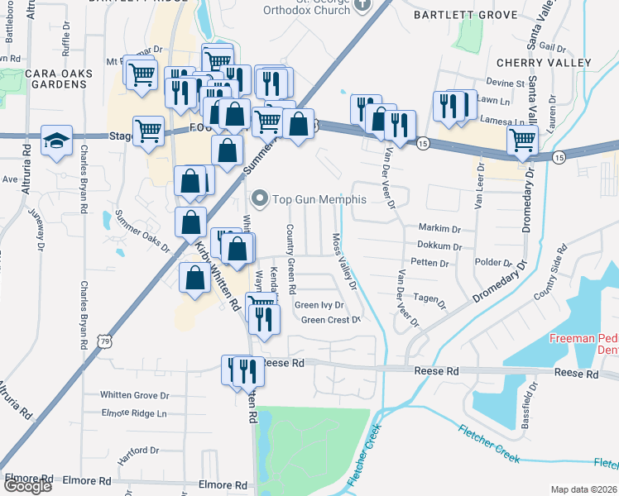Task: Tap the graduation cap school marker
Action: click(56, 141)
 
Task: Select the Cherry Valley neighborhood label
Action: click(544, 63)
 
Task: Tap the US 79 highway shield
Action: click(103, 341)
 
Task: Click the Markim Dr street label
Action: click(439, 228)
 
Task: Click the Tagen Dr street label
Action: click(430, 298)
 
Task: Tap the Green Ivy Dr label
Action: click(319, 305)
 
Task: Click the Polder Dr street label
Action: click(496, 262)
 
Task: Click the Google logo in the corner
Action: click(27, 486)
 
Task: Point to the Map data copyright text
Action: click(583, 489)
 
